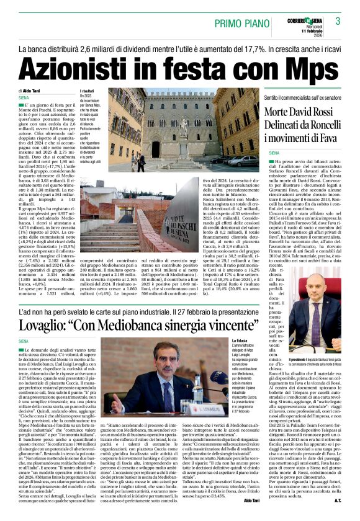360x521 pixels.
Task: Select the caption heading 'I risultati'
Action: click(86, 91)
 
